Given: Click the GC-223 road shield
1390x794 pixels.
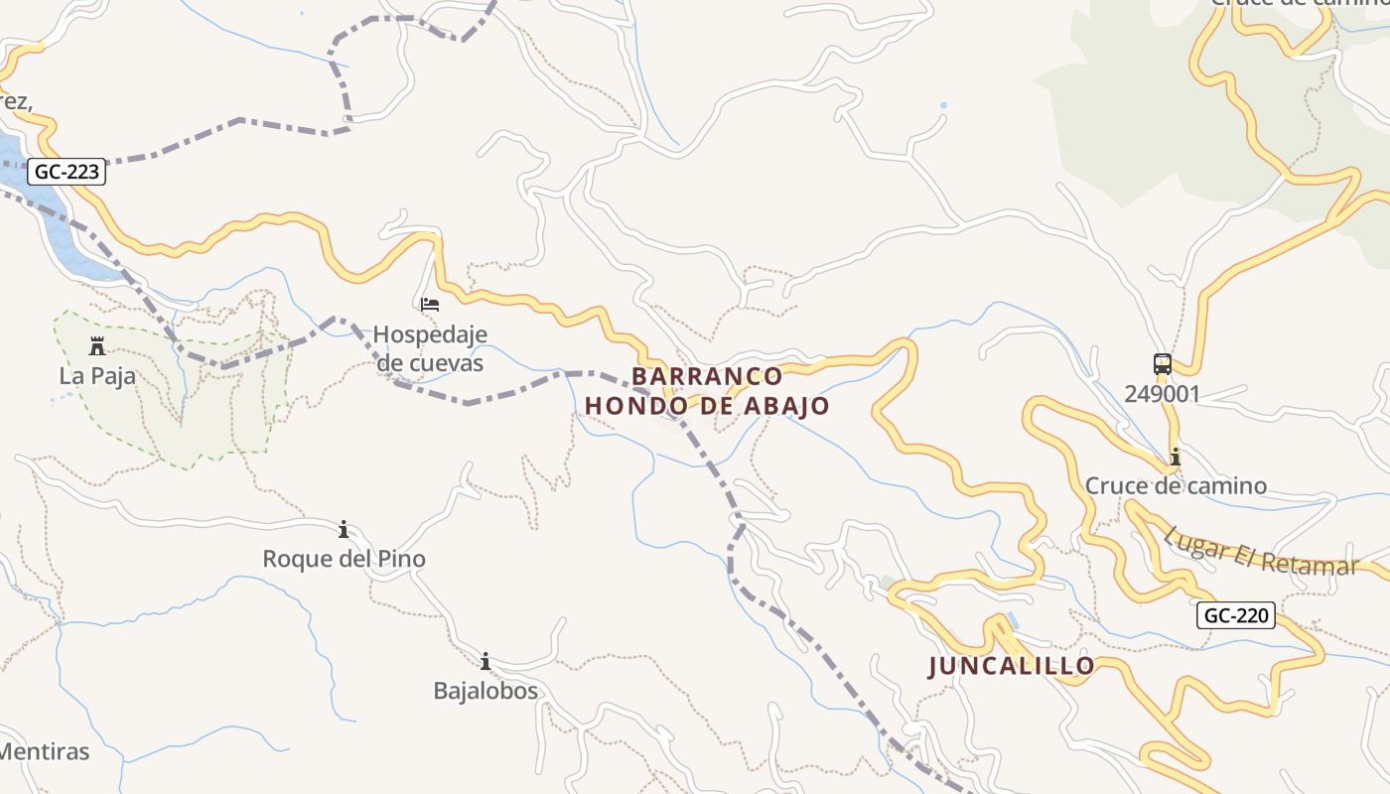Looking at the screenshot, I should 67,172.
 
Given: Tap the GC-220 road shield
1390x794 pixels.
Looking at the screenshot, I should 1235,615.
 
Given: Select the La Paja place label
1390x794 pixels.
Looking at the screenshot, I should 97,376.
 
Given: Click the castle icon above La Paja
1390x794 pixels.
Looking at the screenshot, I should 97,346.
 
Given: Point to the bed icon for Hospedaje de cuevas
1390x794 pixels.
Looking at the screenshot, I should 430,304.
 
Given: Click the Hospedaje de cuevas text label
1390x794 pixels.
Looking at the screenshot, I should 430,348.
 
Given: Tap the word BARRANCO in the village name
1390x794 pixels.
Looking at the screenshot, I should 707,377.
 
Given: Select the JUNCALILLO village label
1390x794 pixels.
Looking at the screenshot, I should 1012,666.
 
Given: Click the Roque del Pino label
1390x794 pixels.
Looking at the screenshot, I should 344,559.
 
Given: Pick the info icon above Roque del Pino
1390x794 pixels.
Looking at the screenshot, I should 344,529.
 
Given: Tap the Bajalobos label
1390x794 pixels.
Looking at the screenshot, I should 486,691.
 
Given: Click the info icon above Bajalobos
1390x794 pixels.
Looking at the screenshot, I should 486,661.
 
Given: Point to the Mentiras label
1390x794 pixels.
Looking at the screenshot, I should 45,751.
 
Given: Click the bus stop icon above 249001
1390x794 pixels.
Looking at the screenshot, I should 1163,364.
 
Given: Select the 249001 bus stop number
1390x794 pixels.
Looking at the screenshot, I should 1163,394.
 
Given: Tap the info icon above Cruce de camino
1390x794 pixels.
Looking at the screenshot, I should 1176,457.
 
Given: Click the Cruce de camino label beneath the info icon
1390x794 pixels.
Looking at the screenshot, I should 1176,486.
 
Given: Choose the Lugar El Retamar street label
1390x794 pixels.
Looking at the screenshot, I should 1261,552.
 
